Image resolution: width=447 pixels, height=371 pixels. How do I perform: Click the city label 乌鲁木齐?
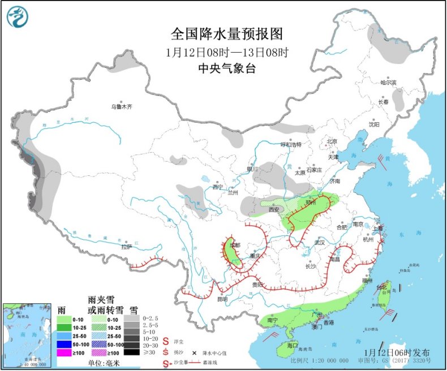point(121,106)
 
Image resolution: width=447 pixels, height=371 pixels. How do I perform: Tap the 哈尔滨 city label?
point(388,83)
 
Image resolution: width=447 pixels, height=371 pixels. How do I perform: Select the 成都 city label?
point(234,245)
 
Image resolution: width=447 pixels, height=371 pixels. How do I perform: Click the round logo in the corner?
point(18,17)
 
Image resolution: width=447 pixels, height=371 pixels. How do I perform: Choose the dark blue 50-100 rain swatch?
point(66,343)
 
